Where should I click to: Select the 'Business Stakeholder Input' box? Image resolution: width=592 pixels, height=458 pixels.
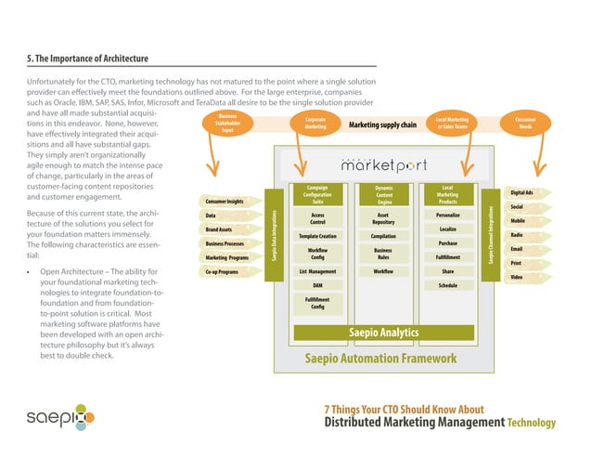[226, 124]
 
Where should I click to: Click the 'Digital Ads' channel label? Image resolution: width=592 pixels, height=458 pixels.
[521, 192]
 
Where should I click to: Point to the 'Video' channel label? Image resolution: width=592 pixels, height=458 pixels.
[517, 278]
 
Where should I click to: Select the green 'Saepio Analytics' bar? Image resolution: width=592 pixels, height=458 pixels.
[382, 333]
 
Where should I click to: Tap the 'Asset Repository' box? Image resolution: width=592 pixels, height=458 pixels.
[383, 218]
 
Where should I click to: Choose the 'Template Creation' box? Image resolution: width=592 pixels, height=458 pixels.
[317, 236]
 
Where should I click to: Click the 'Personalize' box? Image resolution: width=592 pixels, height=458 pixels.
[447, 215]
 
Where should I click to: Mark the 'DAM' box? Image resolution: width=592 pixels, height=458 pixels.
[317, 285]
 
